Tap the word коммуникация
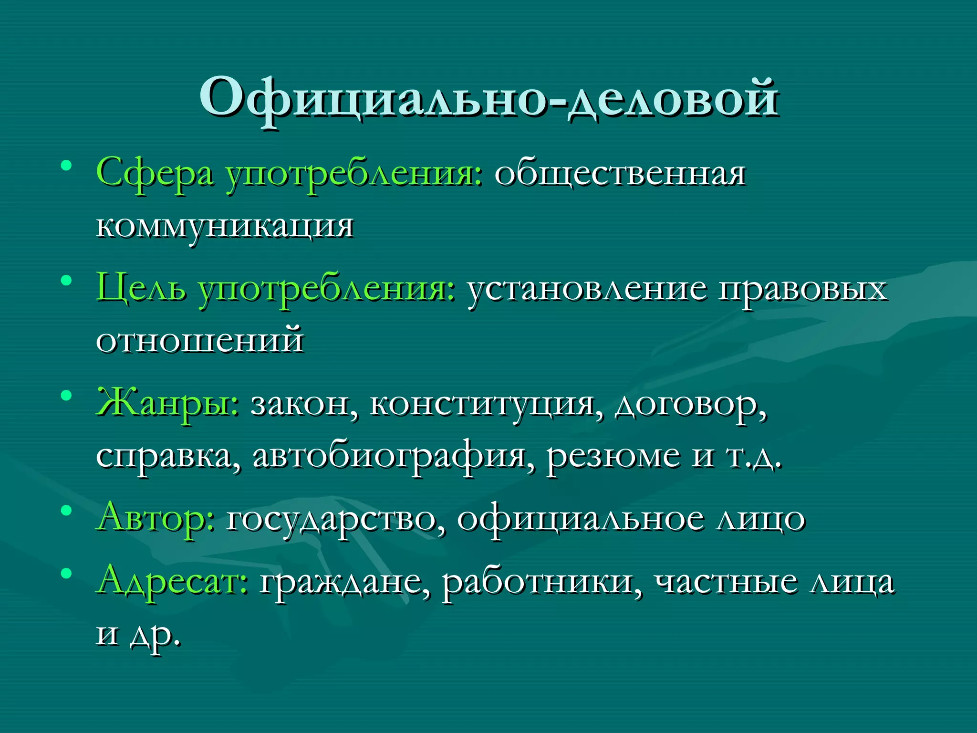pyautogui.click(x=225, y=226)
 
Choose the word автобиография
pyautogui.click(x=389, y=456)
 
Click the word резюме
pyautogui.click(x=613, y=456)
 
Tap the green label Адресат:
pyautogui.click(x=172, y=582)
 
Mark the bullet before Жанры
pyautogui.click(x=66, y=396)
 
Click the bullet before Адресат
pyautogui.click(x=66, y=573)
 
